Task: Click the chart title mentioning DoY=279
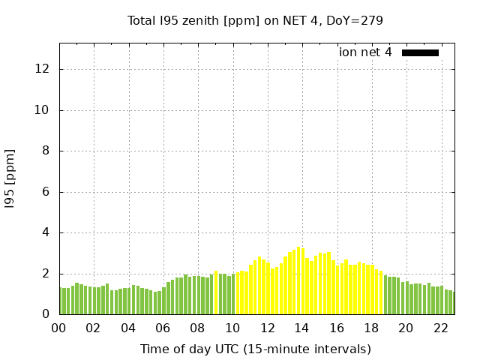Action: point(255,20)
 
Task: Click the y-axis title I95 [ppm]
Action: point(10,178)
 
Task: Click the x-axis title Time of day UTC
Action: point(255,349)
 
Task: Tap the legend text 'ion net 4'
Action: point(365,52)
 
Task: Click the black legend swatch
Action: point(420,52)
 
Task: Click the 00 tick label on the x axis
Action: point(59,328)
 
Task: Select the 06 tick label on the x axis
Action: point(163,328)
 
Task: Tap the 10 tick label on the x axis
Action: point(232,328)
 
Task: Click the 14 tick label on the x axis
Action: point(301,328)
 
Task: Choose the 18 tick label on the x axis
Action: point(370,328)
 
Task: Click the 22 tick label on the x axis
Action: point(440,328)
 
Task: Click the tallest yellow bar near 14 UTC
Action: point(298,281)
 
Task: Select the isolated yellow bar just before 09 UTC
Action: point(215,293)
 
